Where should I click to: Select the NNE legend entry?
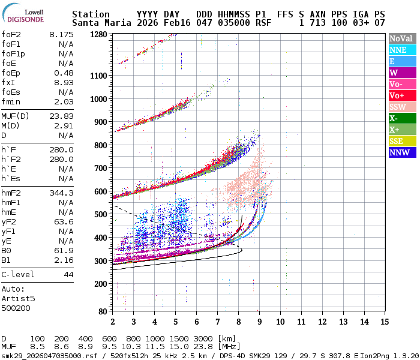(402, 50)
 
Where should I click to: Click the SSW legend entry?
(402, 107)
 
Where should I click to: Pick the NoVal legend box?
(402, 38)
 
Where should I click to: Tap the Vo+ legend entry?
(402, 95)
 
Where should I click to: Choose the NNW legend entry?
(402, 152)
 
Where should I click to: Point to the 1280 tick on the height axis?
(99, 34)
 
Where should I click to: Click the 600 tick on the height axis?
(101, 191)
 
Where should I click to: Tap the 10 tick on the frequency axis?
(280, 322)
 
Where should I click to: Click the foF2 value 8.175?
(61, 35)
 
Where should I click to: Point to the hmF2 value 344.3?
(61, 193)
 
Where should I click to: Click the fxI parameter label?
(8, 82)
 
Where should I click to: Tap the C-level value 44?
(68, 274)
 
